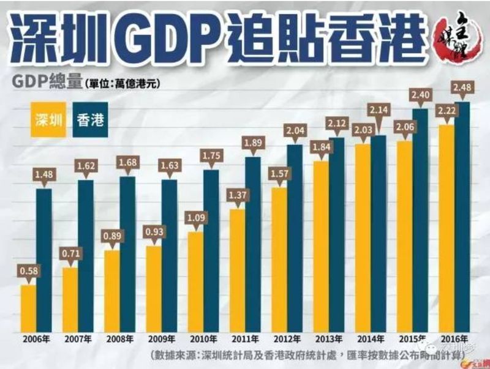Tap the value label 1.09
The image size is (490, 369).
(195, 218)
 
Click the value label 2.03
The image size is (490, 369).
(363, 130)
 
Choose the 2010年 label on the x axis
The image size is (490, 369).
(203, 338)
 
